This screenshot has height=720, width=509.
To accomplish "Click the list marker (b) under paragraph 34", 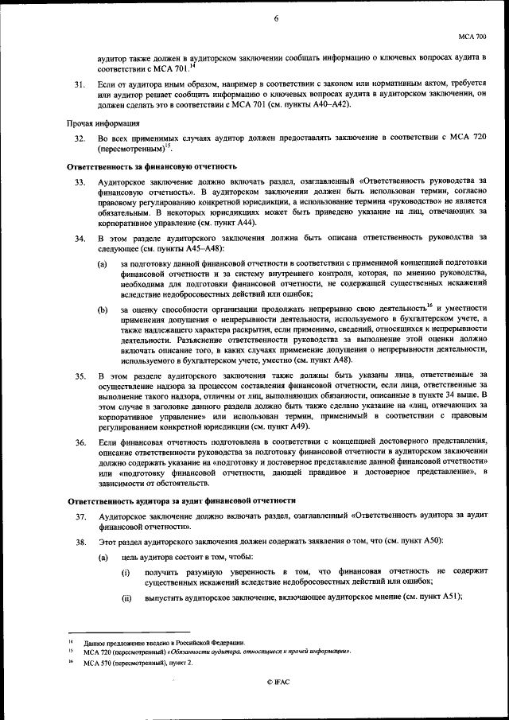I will (103, 309).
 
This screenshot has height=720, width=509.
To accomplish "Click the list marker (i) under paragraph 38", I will (126, 573).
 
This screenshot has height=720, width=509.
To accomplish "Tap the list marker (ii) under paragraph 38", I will (126, 597).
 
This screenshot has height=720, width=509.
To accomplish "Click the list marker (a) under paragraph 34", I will (103, 264).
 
